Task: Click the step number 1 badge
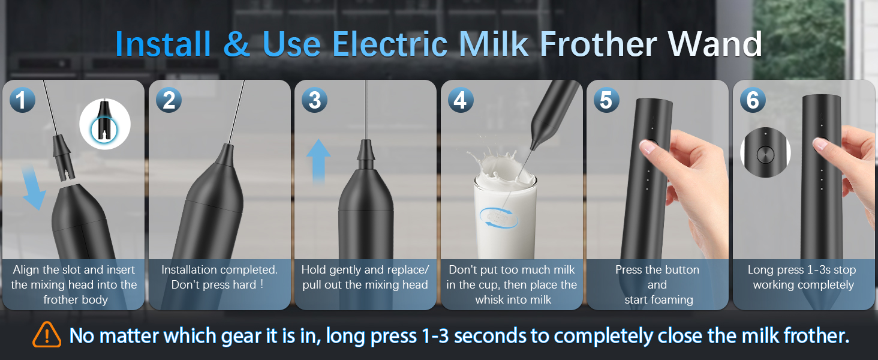pos(22,100)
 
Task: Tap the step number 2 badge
pos(169,100)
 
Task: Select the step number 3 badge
pos(315,100)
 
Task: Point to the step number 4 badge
pos(461,100)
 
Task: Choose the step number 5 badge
pos(606,100)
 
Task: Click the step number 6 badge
pos(753,100)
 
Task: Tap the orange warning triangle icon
pos(47,335)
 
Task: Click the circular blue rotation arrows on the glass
pos(498,217)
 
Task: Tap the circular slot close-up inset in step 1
pos(105,124)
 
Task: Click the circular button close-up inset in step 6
pos(765,154)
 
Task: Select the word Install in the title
pos(163,44)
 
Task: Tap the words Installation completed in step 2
pos(220,270)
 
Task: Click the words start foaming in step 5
pos(659,299)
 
